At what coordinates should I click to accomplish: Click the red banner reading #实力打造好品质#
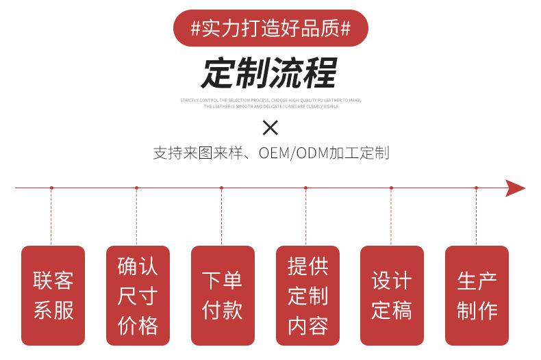(x=270, y=28)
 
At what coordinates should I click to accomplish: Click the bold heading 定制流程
(x=270, y=73)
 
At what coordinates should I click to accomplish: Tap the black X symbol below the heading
(x=270, y=127)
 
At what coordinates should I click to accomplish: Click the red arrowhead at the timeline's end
(x=515, y=188)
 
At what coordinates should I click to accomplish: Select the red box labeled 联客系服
(x=53, y=295)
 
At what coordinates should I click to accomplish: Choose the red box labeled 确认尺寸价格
(x=138, y=295)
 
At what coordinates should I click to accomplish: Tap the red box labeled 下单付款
(x=223, y=295)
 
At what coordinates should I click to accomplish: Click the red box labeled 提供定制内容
(x=307, y=295)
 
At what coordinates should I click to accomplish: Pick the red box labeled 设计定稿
(x=392, y=295)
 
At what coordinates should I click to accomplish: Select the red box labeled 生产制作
(x=477, y=295)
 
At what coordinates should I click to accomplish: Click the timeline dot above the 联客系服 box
(x=51, y=188)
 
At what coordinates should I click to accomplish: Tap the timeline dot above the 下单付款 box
(x=221, y=188)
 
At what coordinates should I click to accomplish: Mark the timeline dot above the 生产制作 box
(x=477, y=188)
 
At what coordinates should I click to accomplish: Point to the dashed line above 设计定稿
(x=391, y=216)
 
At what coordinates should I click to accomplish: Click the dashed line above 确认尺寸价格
(x=136, y=216)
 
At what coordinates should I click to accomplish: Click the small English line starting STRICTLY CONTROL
(x=270, y=100)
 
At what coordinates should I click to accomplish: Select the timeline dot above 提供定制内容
(x=305, y=188)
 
